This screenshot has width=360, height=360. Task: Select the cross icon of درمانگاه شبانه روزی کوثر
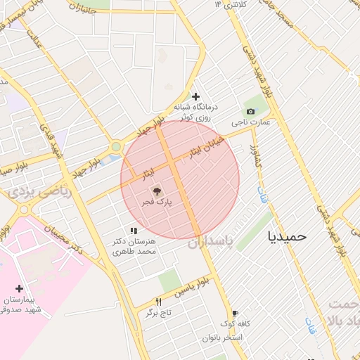195,96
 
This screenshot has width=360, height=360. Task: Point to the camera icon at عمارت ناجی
250,112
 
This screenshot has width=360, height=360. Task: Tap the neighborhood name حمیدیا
287,236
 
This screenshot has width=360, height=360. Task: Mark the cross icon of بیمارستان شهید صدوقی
19,288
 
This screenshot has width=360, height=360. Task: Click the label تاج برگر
160,313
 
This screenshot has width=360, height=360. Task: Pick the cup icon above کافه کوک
235,314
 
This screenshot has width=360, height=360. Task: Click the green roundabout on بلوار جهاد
115,147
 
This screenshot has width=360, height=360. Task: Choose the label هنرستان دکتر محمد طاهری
138,246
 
